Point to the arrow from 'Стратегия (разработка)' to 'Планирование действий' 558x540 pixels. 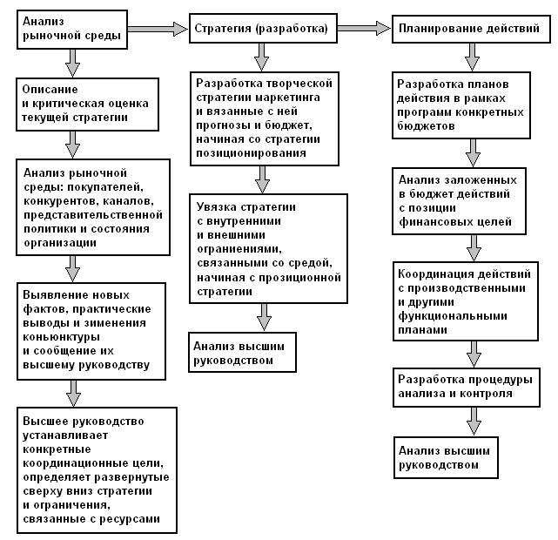click(363, 29)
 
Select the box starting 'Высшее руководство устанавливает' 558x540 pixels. click(96, 470)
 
